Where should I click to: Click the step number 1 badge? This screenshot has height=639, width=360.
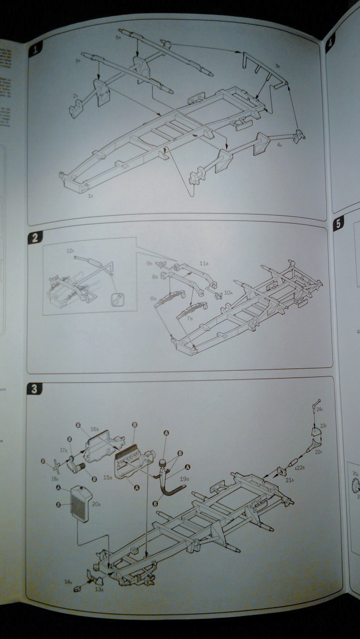tap(36, 50)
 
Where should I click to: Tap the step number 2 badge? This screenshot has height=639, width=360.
tap(35, 238)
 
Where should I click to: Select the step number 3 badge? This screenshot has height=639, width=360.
tap(34, 389)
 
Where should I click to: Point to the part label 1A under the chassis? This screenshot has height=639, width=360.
tap(91, 196)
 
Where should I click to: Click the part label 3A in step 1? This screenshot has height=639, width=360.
tap(277, 65)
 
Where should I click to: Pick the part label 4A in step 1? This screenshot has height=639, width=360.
tap(280, 144)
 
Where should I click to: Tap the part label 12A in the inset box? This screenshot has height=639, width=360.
tap(70, 250)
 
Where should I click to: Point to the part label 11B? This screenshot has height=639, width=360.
tap(203, 264)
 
